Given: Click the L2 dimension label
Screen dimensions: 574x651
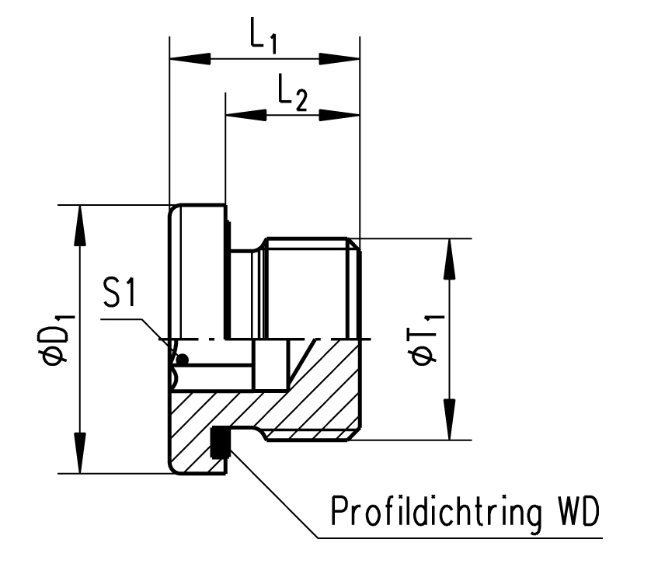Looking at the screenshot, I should pyautogui.click(x=292, y=96).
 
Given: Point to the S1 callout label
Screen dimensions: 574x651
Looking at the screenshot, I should pyautogui.click(x=121, y=298).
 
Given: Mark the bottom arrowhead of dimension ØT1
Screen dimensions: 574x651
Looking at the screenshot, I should pyautogui.click(x=448, y=420).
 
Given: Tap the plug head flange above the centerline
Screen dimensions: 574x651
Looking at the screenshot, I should pyautogui.click(x=198, y=272).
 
